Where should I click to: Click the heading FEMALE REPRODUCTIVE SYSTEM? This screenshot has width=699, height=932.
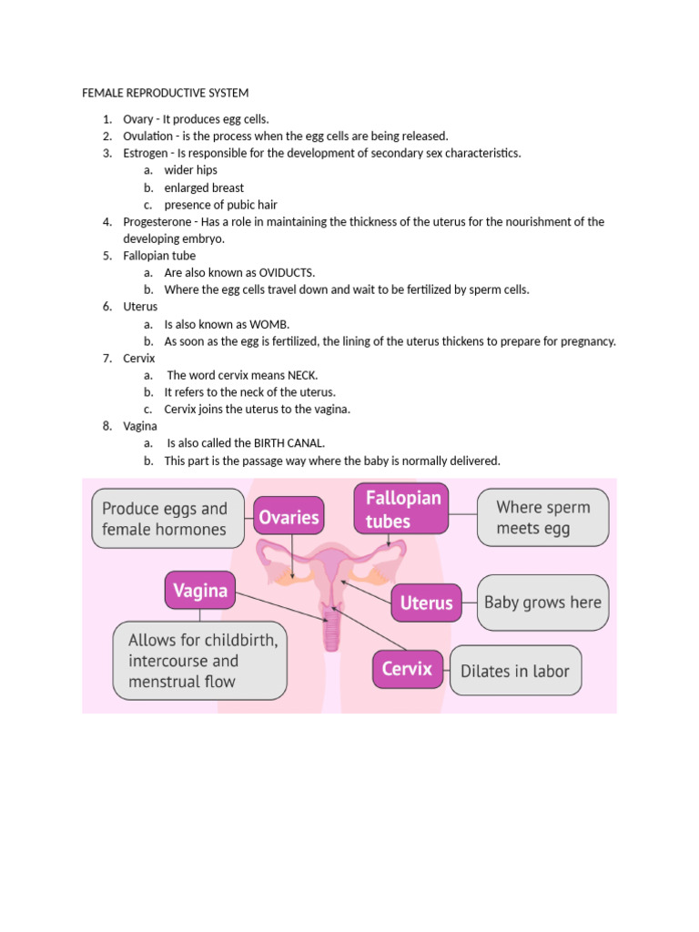pyautogui.click(x=165, y=93)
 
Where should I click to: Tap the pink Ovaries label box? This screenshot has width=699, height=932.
pyautogui.click(x=289, y=517)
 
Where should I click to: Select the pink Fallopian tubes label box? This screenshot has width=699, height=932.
pyautogui.click(x=401, y=510)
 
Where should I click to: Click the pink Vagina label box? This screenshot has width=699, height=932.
pyautogui.click(x=200, y=590)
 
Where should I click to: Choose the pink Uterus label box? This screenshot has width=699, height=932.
pyautogui.click(x=426, y=603)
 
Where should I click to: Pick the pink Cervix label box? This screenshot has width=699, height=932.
pyautogui.click(x=407, y=669)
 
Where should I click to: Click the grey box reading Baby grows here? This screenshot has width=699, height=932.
pyautogui.click(x=542, y=603)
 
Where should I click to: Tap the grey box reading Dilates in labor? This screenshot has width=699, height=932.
pyautogui.click(x=514, y=671)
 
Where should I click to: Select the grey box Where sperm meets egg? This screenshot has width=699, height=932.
pyautogui.click(x=542, y=517)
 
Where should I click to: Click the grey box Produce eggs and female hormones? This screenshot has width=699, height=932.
pyautogui.click(x=164, y=519)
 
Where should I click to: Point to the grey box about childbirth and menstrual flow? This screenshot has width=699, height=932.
pyautogui.click(x=200, y=661)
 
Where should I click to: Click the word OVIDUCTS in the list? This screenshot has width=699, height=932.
pyautogui.click(x=287, y=273)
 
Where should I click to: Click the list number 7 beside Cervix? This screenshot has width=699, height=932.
pyautogui.click(x=106, y=359)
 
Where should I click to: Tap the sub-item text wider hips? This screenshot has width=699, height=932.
pyautogui.click(x=190, y=170)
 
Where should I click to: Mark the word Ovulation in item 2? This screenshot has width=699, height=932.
pyautogui.click(x=148, y=137)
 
